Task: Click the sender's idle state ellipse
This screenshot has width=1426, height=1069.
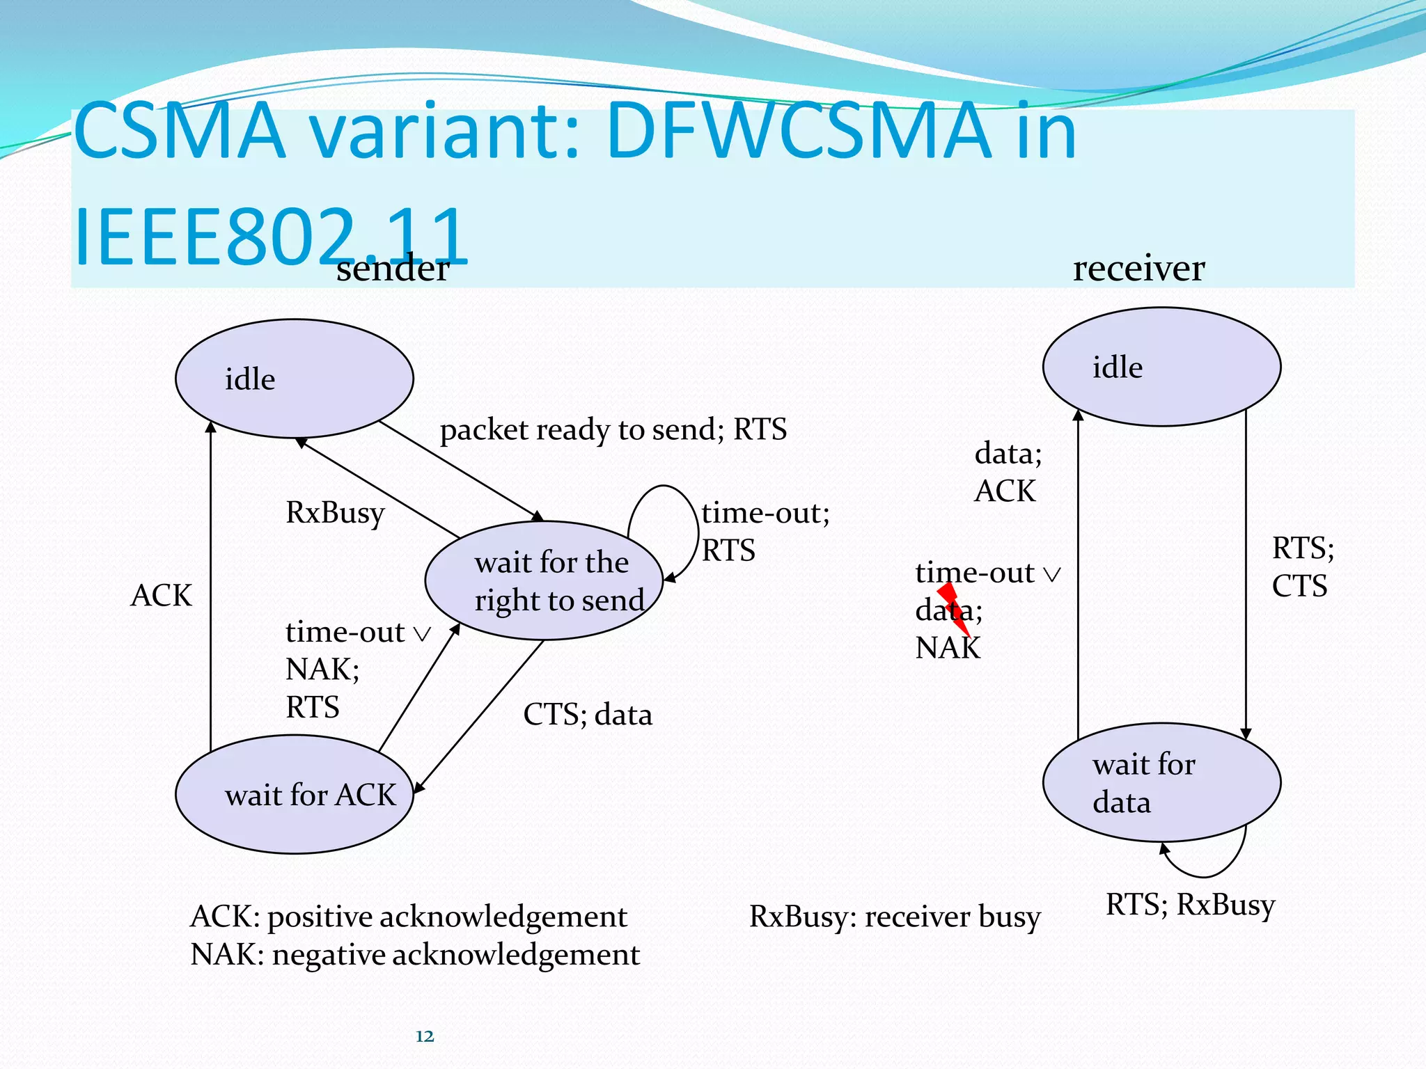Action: coord(294,379)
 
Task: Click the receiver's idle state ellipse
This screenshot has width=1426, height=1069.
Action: coord(1161,367)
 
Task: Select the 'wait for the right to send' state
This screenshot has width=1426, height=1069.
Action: coord(544,580)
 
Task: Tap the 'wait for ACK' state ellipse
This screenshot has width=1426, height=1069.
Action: coord(294,795)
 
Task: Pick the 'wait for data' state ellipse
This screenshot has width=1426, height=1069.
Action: coord(1161,782)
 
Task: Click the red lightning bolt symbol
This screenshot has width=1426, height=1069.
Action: coord(954,608)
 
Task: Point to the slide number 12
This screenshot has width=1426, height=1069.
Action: coord(424,1036)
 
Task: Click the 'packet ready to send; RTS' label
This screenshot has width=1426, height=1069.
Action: coord(613,429)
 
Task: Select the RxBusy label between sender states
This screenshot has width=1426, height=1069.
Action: coord(335,513)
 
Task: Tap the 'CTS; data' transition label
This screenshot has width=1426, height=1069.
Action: coord(588,715)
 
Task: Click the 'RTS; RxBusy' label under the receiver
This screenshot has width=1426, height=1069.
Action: coord(1190,905)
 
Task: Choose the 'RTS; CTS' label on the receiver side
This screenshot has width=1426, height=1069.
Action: coord(1301,567)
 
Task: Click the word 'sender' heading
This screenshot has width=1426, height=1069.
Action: coord(393,269)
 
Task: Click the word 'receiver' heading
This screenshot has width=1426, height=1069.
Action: coord(1138,269)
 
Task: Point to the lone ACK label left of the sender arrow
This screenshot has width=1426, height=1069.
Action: coord(161,596)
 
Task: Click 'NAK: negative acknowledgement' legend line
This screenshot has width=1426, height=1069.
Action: coord(415,955)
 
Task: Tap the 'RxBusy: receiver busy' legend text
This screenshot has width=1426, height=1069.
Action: coord(895,917)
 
